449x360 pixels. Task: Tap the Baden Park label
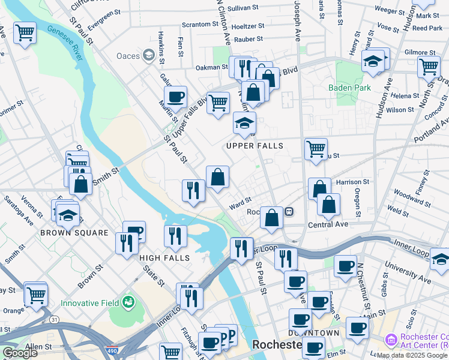[x=349, y=88]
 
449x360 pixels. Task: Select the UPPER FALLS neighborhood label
[x=255, y=146]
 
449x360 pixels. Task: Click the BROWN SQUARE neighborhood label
[x=74, y=232]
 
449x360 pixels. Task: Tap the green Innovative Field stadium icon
[x=127, y=302]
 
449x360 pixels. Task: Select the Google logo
[x=19, y=353]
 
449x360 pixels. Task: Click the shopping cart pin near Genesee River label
[x=25, y=33]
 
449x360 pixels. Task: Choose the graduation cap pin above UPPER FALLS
[x=244, y=124]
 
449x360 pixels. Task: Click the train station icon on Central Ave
[x=289, y=212]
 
